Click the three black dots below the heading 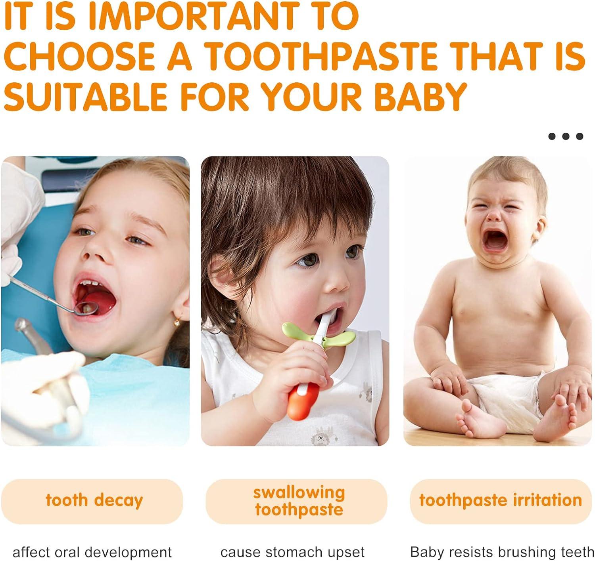point(566,136)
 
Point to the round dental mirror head point(85,308)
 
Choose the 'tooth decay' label point(94,500)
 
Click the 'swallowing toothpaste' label point(299,501)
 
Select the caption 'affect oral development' point(92,552)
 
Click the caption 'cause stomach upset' point(292,552)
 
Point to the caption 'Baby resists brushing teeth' point(501,552)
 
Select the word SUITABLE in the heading point(86,97)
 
